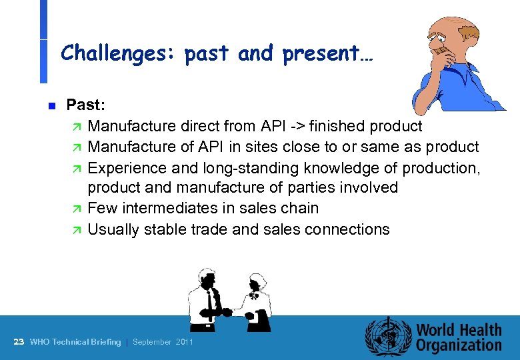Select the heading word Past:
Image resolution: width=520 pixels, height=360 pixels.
(x=86, y=105)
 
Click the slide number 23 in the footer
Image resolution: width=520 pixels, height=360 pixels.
(x=19, y=342)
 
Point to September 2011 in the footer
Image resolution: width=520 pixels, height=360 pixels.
(x=163, y=342)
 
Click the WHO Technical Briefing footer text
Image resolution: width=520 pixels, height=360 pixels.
(x=75, y=342)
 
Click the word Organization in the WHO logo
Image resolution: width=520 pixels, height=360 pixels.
(x=459, y=345)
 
